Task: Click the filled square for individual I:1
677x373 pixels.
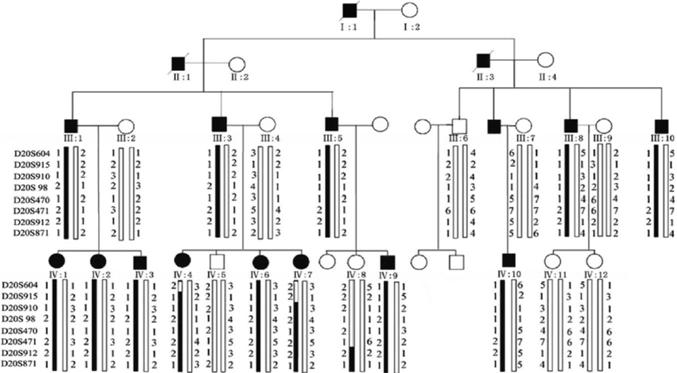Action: click(349, 11)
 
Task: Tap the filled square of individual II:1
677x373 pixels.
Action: click(178, 65)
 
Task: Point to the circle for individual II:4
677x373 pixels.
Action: click(544, 61)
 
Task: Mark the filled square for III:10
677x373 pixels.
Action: click(661, 125)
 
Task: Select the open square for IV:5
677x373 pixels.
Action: click(216, 260)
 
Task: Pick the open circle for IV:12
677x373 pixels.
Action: click(594, 260)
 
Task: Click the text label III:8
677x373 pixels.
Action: click(573, 139)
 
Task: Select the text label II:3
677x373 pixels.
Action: click(482, 78)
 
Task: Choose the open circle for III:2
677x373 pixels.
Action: click(125, 125)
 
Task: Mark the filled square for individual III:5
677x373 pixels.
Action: click(332, 125)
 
